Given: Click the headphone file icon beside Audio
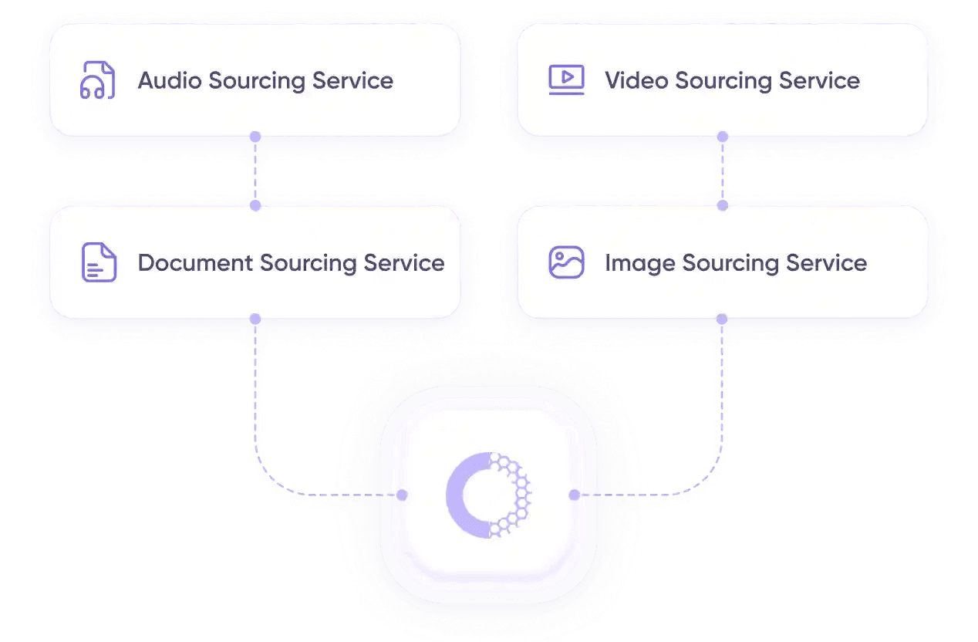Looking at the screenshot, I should click(x=98, y=80).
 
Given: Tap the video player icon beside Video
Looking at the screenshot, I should click(x=566, y=79).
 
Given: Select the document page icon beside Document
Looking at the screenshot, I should click(x=99, y=262).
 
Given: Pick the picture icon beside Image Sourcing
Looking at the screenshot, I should click(x=566, y=262).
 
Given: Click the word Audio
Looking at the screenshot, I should click(x=170, y=80).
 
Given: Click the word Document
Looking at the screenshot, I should click(x=195, y=262).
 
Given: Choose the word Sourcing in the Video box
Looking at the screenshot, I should click(x=723, y=80).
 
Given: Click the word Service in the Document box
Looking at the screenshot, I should click(x=404, y=262).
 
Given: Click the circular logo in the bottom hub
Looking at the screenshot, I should click(x=487, y=495).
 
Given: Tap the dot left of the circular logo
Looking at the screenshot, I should click(x=402, y=495).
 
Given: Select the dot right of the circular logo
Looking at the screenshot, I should click(x=574, y=495).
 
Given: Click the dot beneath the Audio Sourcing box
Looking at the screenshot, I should click(x=255, y=137).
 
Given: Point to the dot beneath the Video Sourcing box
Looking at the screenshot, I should click(x=722, y=137).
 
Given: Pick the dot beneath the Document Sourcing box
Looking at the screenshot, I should click(x=255, y=319).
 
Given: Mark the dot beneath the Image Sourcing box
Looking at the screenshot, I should click(x=722, y=319).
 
